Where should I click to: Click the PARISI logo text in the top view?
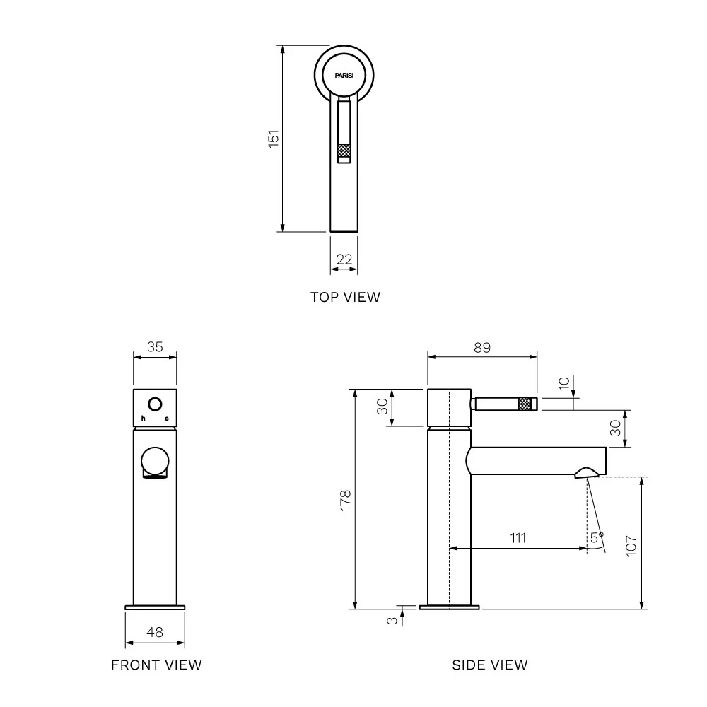point(344,74)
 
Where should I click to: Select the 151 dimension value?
point(274,138)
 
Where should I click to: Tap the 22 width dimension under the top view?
point(344,259)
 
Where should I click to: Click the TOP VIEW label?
point(345,297)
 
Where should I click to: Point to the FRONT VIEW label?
point(156,665)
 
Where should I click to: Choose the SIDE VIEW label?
point(489,665)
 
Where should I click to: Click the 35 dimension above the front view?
point(155,347)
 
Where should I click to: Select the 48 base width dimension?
point(155,632)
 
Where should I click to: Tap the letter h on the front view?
point(143,419)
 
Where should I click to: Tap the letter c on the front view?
point(167,419)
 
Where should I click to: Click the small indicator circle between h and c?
point(155,405)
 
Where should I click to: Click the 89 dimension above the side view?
point(482,347)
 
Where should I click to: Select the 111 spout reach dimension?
point(518,538)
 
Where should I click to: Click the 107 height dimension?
point(631,545)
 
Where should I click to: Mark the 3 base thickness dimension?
point(390,620)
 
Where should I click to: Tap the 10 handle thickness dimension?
point(563,382)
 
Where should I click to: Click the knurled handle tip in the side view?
point(527,404)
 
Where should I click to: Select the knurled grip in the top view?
point(344,151)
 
